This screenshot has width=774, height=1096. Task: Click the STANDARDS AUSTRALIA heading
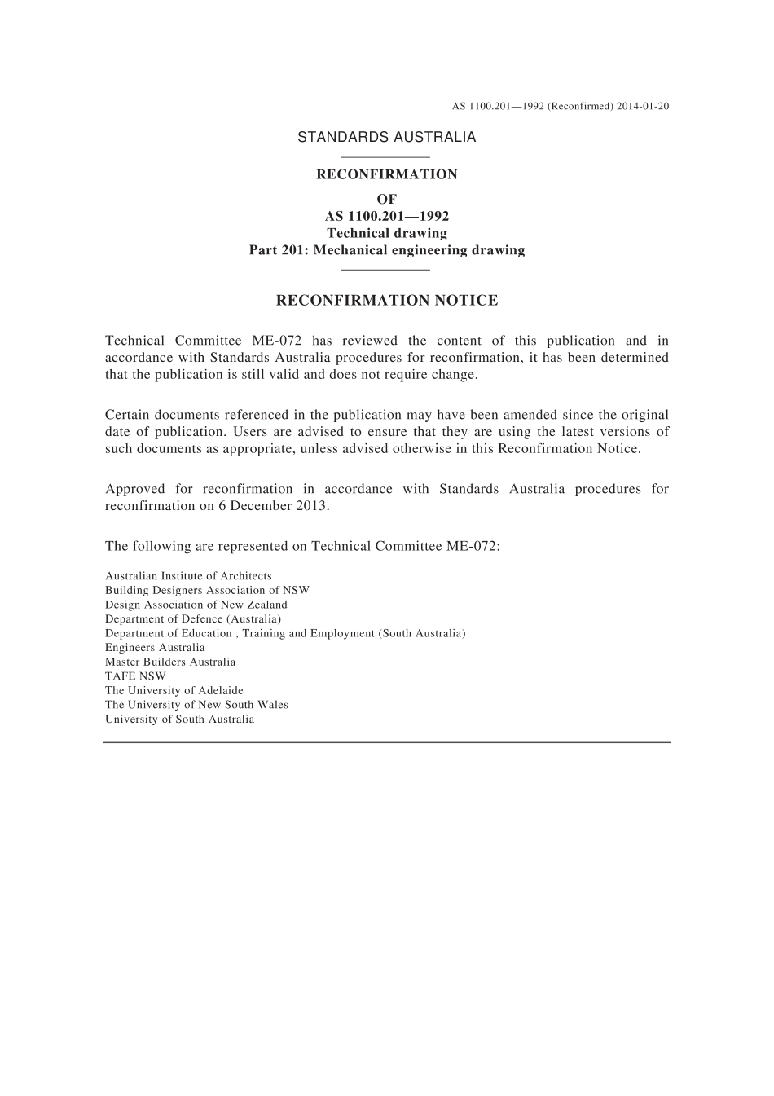(x=386, y=137)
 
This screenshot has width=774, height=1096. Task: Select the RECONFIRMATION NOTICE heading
(x=387, y=301)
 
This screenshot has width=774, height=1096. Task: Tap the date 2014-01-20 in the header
(x=643, y=106)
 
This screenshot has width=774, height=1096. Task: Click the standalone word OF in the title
(x=387, y=200)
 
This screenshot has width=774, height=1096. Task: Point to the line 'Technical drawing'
(x=387, y=233)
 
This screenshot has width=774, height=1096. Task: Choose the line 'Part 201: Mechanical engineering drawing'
(x=387, y=250)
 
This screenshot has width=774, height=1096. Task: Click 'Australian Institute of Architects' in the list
(x=188, y=576)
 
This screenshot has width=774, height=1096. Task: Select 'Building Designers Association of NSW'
(x=207, y=590)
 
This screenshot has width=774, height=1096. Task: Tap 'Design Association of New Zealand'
(x=196, y=605)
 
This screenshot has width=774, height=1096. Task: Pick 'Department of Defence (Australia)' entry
(x=193, y=619)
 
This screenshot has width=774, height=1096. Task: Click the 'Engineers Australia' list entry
(x=155, y=648)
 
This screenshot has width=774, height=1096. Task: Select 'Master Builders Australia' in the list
(x=170, y=662)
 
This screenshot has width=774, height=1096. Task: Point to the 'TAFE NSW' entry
(x=135, y=676)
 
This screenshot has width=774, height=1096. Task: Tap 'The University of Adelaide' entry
(x=174, y=690)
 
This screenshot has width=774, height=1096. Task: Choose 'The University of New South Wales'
(x=196, y=705)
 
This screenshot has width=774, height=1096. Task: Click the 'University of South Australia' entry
(x=179, y=720)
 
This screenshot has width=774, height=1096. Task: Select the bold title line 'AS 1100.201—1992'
(x=387, y=217)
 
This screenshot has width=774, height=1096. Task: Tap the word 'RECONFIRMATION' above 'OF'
(x=387, y=174)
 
